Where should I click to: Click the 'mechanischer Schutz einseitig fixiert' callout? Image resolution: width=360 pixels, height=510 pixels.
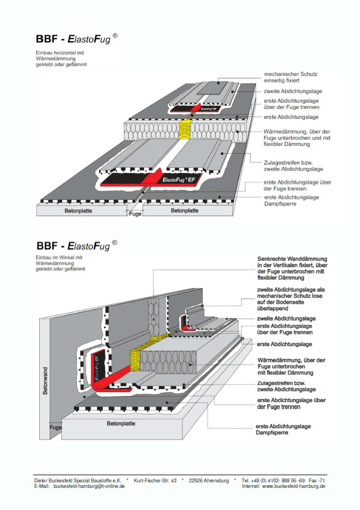coord(290,77)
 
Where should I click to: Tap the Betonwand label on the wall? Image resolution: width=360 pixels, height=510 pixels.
coord(45,381)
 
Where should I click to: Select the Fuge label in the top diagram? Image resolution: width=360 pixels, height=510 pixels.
coord(135,214)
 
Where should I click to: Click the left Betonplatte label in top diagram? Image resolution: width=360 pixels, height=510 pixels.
coord(78,211)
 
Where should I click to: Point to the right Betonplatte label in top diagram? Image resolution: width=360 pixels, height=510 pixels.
coord(184,211)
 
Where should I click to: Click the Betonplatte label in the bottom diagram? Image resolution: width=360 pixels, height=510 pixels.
coord(121,423)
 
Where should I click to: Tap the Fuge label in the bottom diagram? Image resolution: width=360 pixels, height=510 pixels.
coord(56,427)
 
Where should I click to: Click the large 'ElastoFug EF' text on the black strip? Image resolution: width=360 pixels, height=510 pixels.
coord(179,180)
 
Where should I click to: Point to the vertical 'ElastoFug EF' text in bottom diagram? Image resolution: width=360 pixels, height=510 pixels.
coord(97,368)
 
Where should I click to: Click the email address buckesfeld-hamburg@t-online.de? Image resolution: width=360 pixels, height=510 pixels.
coord(89,486)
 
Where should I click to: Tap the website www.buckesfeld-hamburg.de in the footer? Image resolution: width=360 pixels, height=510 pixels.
coord(293,486)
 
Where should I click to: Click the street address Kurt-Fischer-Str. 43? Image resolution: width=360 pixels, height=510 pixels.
coord(155,480)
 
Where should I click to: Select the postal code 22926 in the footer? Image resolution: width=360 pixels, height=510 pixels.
coord(196,480)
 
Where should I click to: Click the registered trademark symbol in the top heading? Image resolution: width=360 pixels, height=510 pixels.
coord(115,36)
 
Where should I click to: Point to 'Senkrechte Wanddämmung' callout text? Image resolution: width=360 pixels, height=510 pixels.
coord(292,259)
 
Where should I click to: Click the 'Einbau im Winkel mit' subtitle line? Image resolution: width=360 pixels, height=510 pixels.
coord(59,257)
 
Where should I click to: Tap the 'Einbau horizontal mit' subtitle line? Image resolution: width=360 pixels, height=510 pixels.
coord(60,52)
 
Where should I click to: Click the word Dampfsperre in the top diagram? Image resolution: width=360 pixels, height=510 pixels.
coord(280,203)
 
